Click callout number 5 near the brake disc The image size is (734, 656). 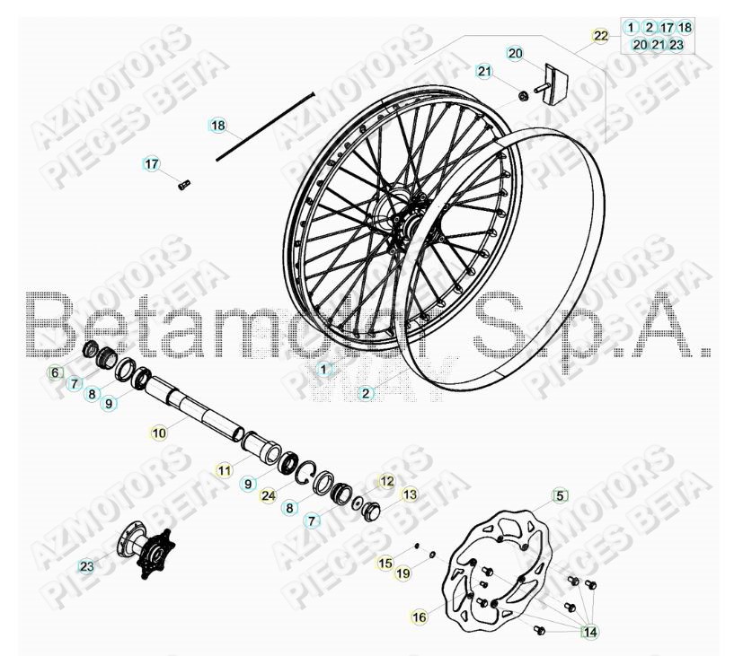[x=560, y=494]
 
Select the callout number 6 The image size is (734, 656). [x=54, y=372]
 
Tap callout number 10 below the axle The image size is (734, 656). [x=159, y=433]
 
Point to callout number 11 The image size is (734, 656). [x=224, y=469]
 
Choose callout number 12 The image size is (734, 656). [x=386, y=481]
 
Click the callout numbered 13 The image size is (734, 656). [x=410, y=494]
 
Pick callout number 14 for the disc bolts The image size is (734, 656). [x=589, y=632]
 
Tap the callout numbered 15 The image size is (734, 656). [x=385, y=563]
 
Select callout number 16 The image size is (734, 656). [x=419, y=617]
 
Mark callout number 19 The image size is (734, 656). [x=403, y=572]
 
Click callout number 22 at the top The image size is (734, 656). [x=601, y=36]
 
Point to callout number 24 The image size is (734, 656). [x=268, y=494]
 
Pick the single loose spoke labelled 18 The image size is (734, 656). [x=265, y=126]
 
